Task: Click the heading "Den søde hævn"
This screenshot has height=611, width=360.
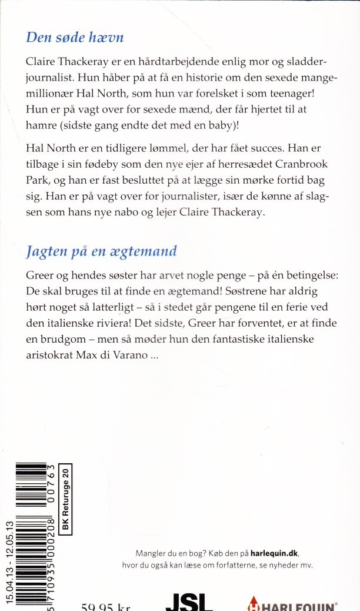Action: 75,38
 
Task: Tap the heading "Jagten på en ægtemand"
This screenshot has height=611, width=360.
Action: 101,251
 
